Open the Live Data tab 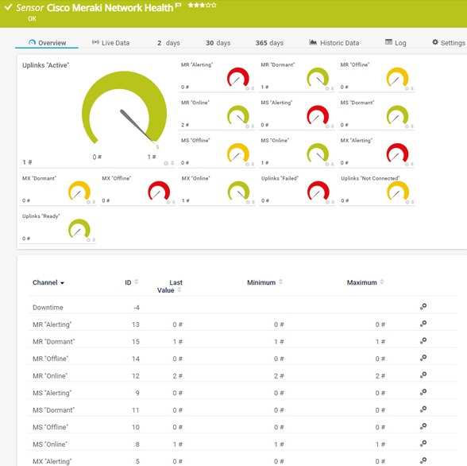coord(110,43)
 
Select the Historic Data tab coord(334,43)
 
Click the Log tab coord(396,43)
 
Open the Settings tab coord(449,43)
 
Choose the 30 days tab coord(218,43)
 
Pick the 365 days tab coord(269,43)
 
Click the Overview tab coord(48,43)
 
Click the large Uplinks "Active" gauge coord(125,111)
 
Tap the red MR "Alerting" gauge coord(237,78)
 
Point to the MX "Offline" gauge coord(159,191)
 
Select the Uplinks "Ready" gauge coord(79,229)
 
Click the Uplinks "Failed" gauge coord(318,191)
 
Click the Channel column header coord(48,282)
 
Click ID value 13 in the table coord(136,324)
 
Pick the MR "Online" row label coord(50,375)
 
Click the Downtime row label coord(48,307)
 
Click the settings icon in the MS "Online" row coord(423,444)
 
